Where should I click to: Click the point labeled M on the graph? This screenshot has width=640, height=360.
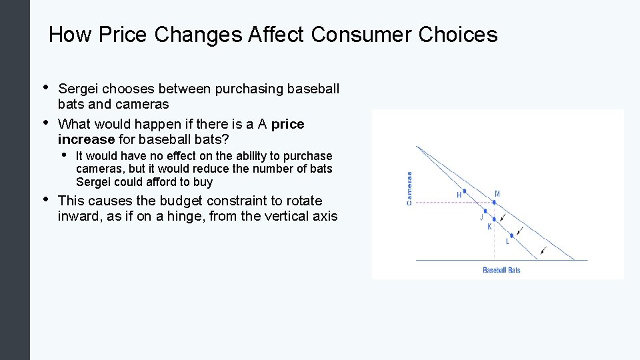[494, 201]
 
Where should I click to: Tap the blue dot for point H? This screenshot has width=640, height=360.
[464, 191]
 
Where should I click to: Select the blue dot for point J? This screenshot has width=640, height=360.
[485, 211]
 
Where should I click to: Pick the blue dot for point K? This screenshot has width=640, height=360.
[494, 219]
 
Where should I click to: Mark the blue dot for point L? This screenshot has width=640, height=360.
[511, 235]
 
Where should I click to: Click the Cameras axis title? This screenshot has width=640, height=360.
[409, 188]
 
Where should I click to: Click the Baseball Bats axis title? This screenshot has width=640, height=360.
[501, 270]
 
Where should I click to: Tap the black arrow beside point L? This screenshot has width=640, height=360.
[520, 231]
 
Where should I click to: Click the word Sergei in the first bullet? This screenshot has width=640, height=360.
[78, 89]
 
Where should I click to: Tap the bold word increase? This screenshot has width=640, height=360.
[86, 139]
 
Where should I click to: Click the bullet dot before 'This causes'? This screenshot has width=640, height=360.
[45, 199]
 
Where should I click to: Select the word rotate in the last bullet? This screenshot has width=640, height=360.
[303, 201]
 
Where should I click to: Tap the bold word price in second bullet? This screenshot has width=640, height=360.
[288, 124]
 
